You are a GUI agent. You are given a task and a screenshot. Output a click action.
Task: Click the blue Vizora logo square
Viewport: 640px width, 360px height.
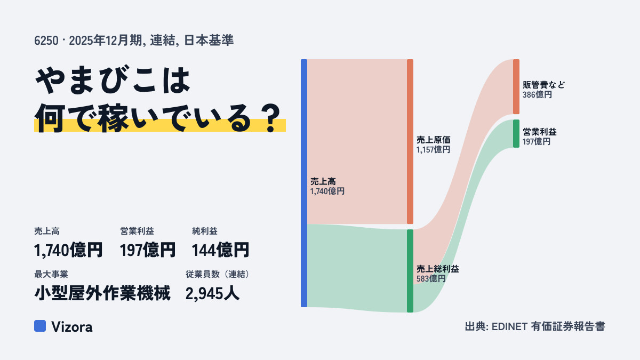point(40,326)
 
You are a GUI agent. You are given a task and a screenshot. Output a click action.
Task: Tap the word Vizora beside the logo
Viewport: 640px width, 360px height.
point(72,327)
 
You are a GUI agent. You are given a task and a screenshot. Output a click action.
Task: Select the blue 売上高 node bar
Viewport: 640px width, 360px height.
point(304,183)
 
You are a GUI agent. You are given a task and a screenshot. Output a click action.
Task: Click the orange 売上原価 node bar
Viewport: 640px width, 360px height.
point(410,142)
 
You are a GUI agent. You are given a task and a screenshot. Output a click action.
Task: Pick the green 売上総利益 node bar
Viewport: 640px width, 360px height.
point(410,271)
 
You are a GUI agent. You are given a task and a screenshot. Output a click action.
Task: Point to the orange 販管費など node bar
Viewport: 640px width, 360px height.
point(516,86)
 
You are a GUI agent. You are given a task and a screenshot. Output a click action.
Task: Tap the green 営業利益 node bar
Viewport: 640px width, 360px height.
point(516,134)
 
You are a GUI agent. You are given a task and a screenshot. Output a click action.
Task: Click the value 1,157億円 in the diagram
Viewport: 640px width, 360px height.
point(433,150)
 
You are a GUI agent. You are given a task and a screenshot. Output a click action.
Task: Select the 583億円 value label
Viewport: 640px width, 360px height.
point(431,278)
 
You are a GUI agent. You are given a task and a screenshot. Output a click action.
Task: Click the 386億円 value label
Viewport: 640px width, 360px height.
point(537,95)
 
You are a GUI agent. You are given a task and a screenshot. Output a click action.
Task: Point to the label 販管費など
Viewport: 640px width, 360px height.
point(543,85)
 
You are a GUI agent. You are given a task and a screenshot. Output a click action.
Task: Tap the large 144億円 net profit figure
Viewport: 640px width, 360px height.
point(220,250)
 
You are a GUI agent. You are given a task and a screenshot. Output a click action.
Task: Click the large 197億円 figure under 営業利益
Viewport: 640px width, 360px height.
point(148,250)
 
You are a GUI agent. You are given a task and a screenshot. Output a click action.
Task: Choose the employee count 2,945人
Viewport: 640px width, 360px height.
point(212,293)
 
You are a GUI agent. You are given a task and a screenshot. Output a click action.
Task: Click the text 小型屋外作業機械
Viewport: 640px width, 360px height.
point(102,293)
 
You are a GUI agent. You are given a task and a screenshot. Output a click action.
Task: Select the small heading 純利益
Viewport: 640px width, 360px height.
point(205,231)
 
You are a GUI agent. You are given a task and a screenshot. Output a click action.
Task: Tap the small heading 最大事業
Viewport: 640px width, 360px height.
point(51,274)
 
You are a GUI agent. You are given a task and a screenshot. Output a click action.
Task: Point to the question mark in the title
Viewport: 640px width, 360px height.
point(271,118)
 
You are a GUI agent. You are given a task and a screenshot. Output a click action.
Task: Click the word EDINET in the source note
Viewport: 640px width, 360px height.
point(509,326)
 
